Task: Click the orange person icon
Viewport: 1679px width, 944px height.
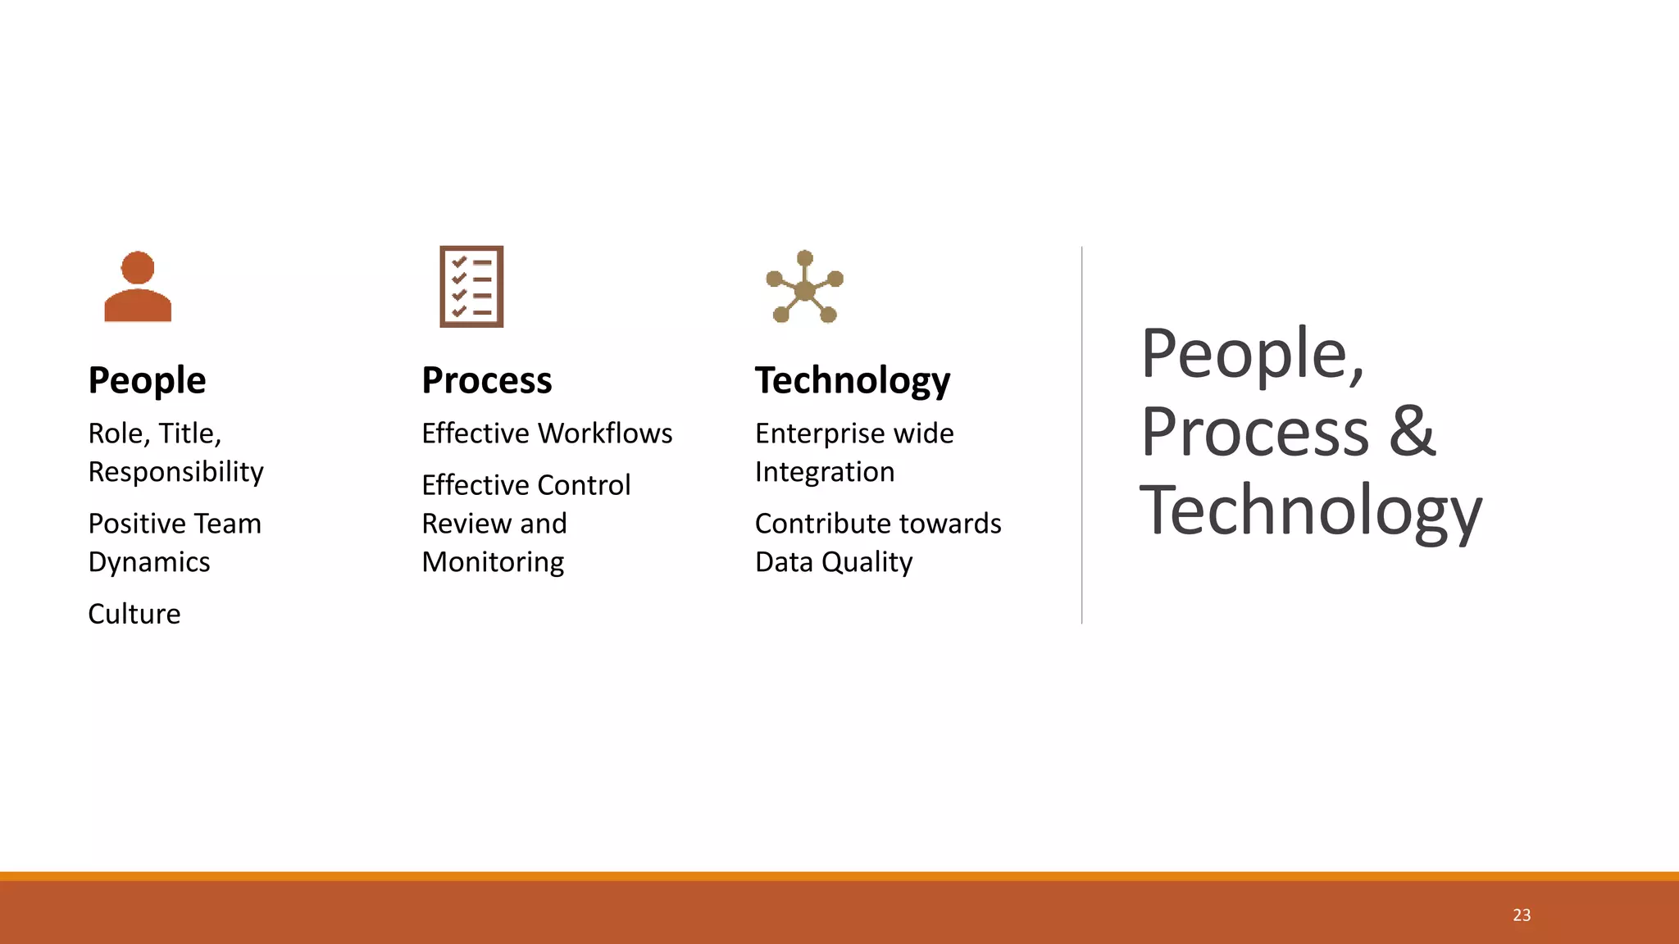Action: click(138, 288)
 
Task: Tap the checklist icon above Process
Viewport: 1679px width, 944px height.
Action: click(471, 287)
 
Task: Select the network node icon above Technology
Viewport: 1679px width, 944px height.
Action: click(805, 288)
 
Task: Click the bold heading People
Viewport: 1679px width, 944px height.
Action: click(147, 381)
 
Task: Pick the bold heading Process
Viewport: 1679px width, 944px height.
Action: click(487, 381)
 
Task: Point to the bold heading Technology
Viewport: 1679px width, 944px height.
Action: click(853, 381)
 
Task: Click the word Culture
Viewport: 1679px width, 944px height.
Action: click(134, 614)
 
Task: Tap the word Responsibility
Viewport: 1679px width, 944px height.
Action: click(176, 473)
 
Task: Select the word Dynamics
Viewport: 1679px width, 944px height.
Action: click(149, 562)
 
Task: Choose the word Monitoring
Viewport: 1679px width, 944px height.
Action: click(493, 562)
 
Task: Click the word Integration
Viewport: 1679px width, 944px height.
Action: click(825, 472)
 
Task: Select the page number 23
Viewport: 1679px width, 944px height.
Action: click(1522, 915)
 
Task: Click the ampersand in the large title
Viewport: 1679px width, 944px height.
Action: click(1412, 432)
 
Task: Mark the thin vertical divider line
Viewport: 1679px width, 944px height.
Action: click(1082, 434)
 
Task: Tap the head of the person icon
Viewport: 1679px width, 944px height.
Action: click(138, 267)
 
